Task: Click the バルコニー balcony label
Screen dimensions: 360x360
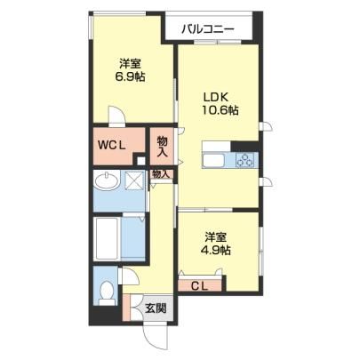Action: [208, 29]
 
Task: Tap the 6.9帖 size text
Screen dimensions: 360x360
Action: [130, 77]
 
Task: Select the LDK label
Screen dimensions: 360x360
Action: [216, 97]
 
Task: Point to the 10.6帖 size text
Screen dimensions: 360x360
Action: [220, 110]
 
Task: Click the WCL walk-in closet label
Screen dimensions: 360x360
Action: [112, 145]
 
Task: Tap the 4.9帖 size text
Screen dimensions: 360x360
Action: [216, 251]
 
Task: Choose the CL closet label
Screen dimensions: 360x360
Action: [199, 286]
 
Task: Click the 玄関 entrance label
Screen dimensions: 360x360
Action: [156, 308]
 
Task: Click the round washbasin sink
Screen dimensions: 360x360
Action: [107, 180]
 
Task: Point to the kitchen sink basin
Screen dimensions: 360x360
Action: [213, 161]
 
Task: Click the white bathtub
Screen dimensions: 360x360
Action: [108, 239]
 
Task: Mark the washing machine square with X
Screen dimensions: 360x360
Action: [134, 180]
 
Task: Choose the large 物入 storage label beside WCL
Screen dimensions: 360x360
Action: [162, 147]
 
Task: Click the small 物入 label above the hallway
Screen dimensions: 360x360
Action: [161, 174]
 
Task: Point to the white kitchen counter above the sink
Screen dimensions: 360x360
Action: [216, 147]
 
